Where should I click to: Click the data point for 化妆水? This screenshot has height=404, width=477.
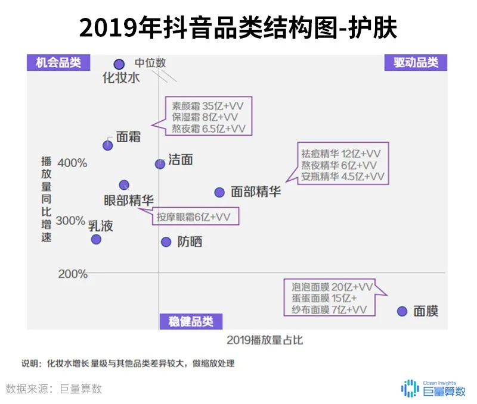pyautogui.click(x=119, y=64)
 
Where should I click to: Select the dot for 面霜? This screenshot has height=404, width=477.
pyautogui.click(x=108, y=145)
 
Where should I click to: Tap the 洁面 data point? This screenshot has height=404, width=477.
pyautogui.click(x=160, y=164)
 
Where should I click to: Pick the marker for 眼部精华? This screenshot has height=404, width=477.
pyautogui.click(x=124, y=185)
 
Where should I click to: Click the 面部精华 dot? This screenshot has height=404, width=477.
pyautogui.click(x=219, y=192)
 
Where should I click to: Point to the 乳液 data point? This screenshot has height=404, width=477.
pyautogui.click(x=96, y=239)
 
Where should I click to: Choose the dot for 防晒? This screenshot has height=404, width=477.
pyautogui.click(x=166, y=242)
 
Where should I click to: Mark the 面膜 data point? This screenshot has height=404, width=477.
pyautogui.click(x=402, y=311)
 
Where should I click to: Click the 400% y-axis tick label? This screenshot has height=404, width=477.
pyautogui.click(x=72, y=163)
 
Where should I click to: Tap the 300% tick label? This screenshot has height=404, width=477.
pyautogui.click(x=71, y=221)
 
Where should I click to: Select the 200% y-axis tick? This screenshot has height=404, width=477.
pyautogui.click(x=72, y=274)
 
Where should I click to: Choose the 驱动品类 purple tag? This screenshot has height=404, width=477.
pyautogui.click(x=416, y=62)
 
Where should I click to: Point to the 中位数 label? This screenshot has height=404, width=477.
pyautogui.click(x=150, y=62)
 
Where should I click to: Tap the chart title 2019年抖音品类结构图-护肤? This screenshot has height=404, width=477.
pyautogui.click(x=238, y=27)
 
